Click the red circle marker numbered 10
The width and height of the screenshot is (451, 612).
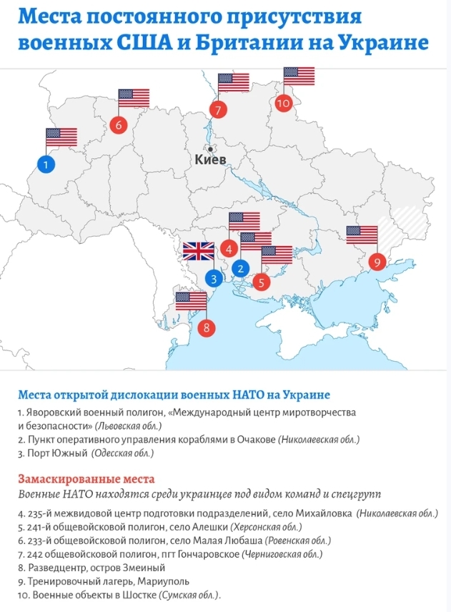pos(284,103)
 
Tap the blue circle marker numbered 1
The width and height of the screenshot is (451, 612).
pos(46,164)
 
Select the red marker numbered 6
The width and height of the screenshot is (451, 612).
pos(119,124)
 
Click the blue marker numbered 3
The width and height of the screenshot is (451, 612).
pos(213,278)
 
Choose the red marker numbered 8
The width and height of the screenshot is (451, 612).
pos(206,328)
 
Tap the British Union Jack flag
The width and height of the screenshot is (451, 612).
pos(198,251)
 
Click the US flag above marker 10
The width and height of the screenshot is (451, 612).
pos(299,76)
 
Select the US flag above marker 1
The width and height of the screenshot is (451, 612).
pos(61,137)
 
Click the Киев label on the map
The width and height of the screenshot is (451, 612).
pos(210,160)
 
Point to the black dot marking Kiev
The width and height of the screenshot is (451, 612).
pos(210,149)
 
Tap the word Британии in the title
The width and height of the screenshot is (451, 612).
pos(234,43)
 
